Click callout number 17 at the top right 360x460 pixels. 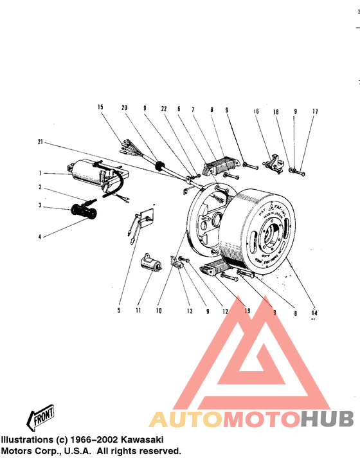point(315,111)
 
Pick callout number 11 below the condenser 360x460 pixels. point(138,311)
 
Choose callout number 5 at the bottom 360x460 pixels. point(118,311)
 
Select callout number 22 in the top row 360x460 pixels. point(165,110)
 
